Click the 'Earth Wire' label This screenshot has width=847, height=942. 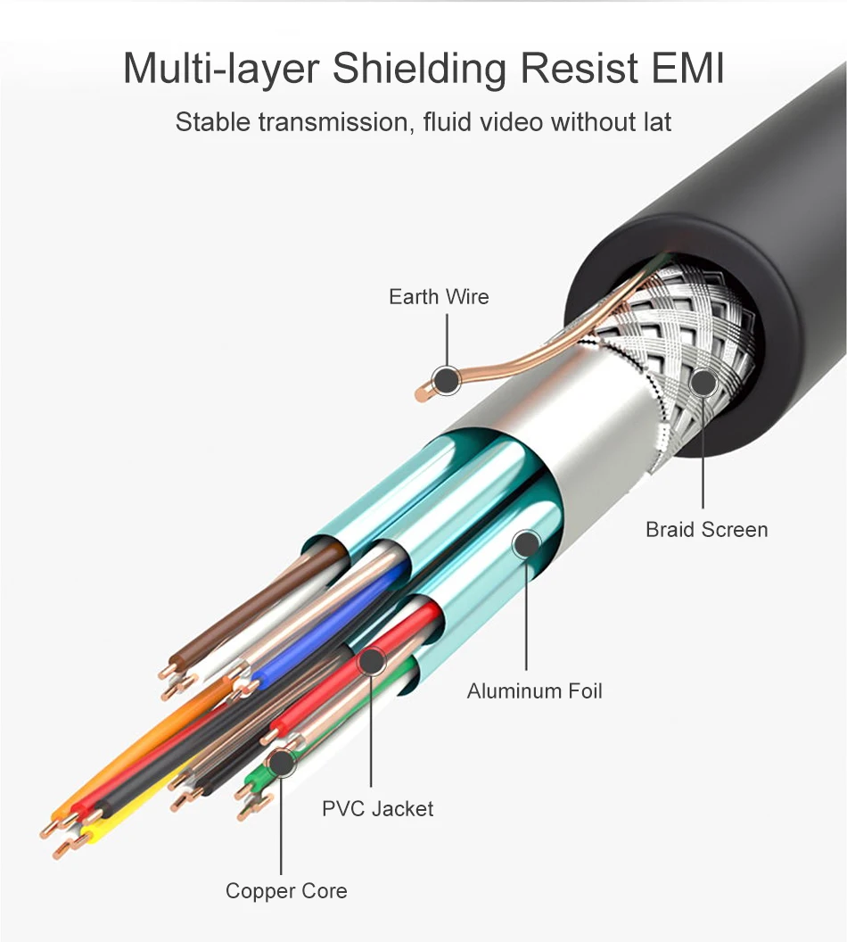(x=439, y=297)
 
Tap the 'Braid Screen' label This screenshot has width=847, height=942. (x=706, y=530)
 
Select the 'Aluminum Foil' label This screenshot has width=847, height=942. (x=535, y=690)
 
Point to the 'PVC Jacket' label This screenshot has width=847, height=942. (x=378, y=809)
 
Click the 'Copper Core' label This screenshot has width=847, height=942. (x=286, y=891)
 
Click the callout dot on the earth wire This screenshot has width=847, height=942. (x=446, y=381)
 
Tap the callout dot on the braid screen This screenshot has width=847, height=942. (x=703, y=384)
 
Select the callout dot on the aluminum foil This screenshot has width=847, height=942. (x=526, y=543)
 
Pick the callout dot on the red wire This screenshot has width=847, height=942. (x=371, y=662)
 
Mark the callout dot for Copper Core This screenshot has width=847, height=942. (x=281, y=763)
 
